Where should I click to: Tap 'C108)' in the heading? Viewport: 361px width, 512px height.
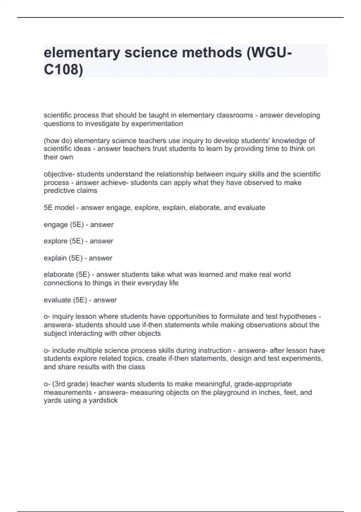(63, 70)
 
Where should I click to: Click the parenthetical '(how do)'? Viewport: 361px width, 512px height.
(58, 141)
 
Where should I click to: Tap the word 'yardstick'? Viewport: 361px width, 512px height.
(103, 401)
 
